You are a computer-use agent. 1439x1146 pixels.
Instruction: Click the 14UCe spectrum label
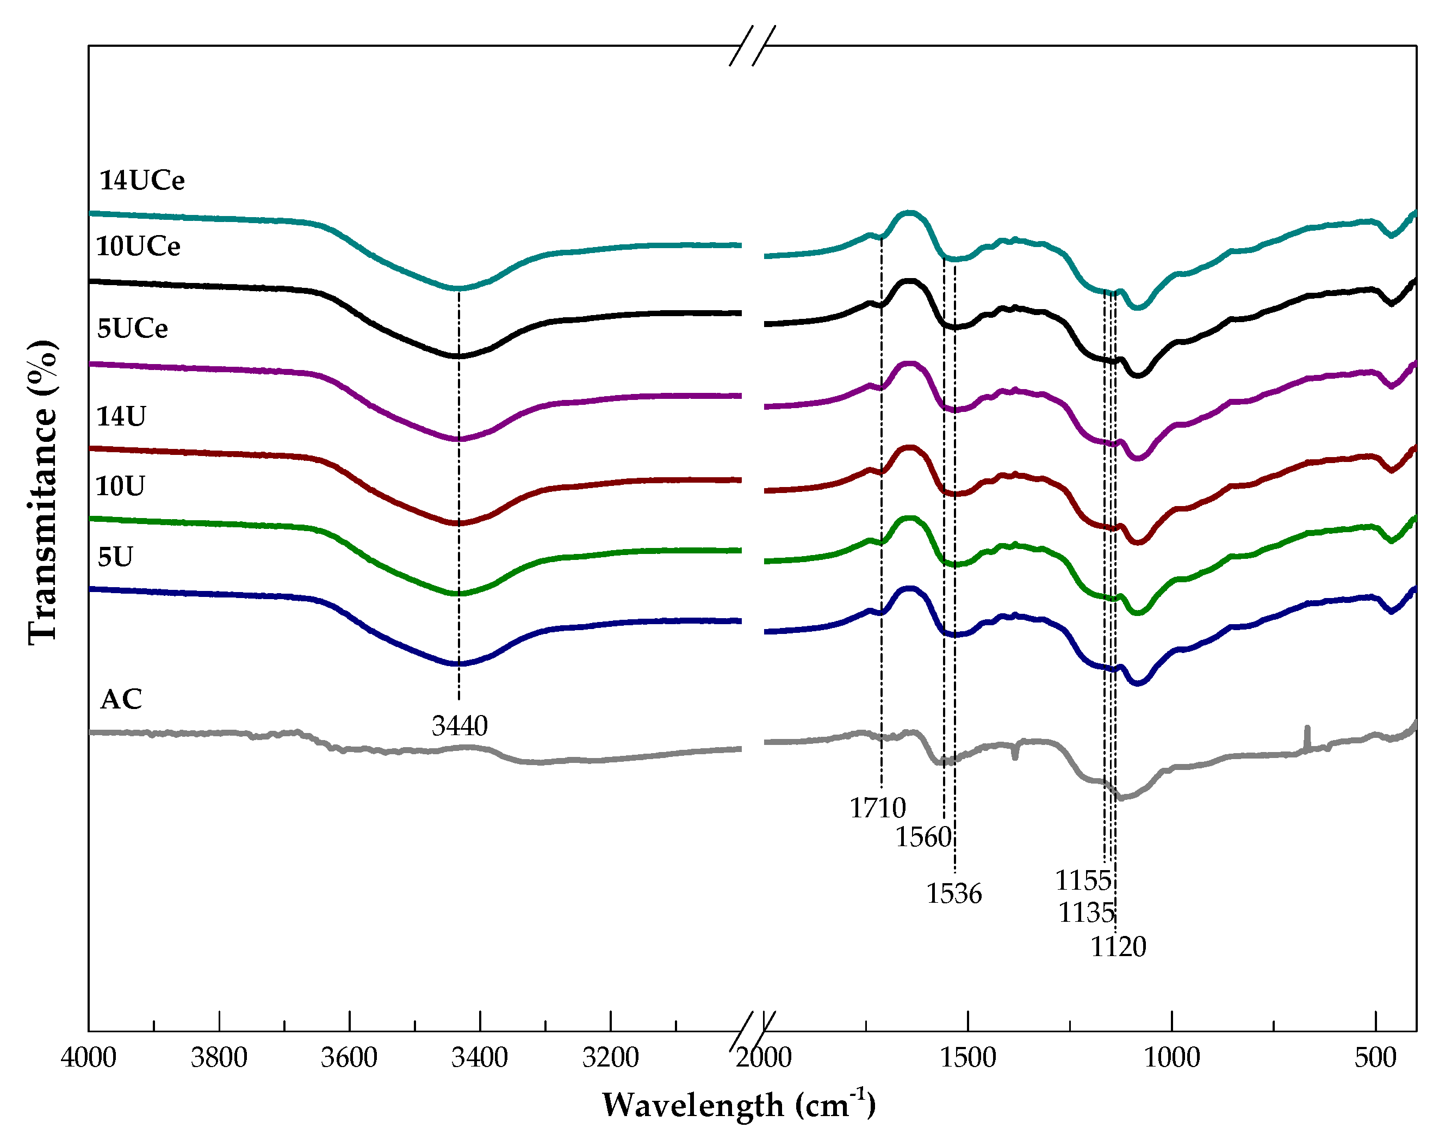(141, 180)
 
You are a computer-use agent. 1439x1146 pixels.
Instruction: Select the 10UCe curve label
(138, 247)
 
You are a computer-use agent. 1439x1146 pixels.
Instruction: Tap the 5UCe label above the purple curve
(132, 329)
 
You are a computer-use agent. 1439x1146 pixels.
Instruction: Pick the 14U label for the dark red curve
(121, 417)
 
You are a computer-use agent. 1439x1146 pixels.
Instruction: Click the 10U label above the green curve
(120, 486)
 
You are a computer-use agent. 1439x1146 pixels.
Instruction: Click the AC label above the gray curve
(121, 700)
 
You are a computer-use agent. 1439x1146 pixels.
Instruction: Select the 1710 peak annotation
(877, 809)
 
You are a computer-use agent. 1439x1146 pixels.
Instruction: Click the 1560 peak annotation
(922, 837)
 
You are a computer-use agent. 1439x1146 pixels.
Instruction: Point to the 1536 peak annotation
(953, 894)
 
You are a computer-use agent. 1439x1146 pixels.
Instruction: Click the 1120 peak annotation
(1118, 947)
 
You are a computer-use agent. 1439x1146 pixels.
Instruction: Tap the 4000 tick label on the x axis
(88, 1058)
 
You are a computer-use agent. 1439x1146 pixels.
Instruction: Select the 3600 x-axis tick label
(349, 1058)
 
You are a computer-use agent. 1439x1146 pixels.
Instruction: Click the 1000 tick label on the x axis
(1171, 1058)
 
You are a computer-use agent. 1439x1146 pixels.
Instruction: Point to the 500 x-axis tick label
(1375, 1058)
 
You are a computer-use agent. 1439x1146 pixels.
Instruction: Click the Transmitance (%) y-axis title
(43, 493)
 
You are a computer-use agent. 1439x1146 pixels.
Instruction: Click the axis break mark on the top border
(752, 45)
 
